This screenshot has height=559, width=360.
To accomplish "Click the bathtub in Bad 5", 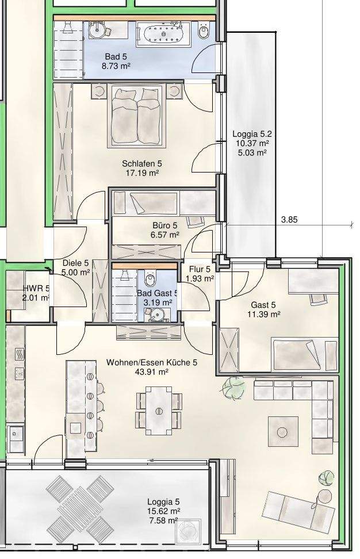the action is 163,34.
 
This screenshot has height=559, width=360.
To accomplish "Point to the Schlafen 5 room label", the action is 142,164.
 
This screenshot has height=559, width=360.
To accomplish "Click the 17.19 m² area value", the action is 142,173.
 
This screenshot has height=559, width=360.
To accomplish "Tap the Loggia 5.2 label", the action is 252,134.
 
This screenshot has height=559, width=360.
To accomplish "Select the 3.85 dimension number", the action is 289,220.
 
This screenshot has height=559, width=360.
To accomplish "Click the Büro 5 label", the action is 164,225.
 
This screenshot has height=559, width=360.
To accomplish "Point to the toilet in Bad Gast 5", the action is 150,279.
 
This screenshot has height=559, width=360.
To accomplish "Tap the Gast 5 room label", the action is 263,305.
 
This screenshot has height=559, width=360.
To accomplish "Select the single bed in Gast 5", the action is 305,354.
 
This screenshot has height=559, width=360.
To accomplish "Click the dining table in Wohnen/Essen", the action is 159,411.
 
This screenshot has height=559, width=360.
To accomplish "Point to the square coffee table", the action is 283,431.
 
